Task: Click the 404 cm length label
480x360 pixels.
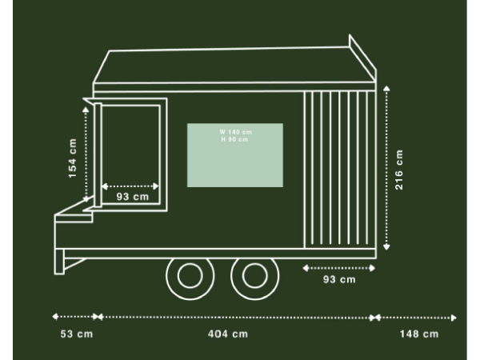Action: click(228, 334)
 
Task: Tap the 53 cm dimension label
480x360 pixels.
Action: click(77, 334)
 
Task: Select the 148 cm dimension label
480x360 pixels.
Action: click(419, 334)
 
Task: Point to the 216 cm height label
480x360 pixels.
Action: click(399, 170)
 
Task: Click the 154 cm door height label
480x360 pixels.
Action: click(73, 158)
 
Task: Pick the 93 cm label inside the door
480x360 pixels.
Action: click(133, 197)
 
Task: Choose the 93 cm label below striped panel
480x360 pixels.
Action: click(339, 279)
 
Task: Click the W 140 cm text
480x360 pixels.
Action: click(235, 132)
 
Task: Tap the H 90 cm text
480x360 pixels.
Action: click(234, 139)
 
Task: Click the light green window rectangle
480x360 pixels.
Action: click(235, 155)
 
